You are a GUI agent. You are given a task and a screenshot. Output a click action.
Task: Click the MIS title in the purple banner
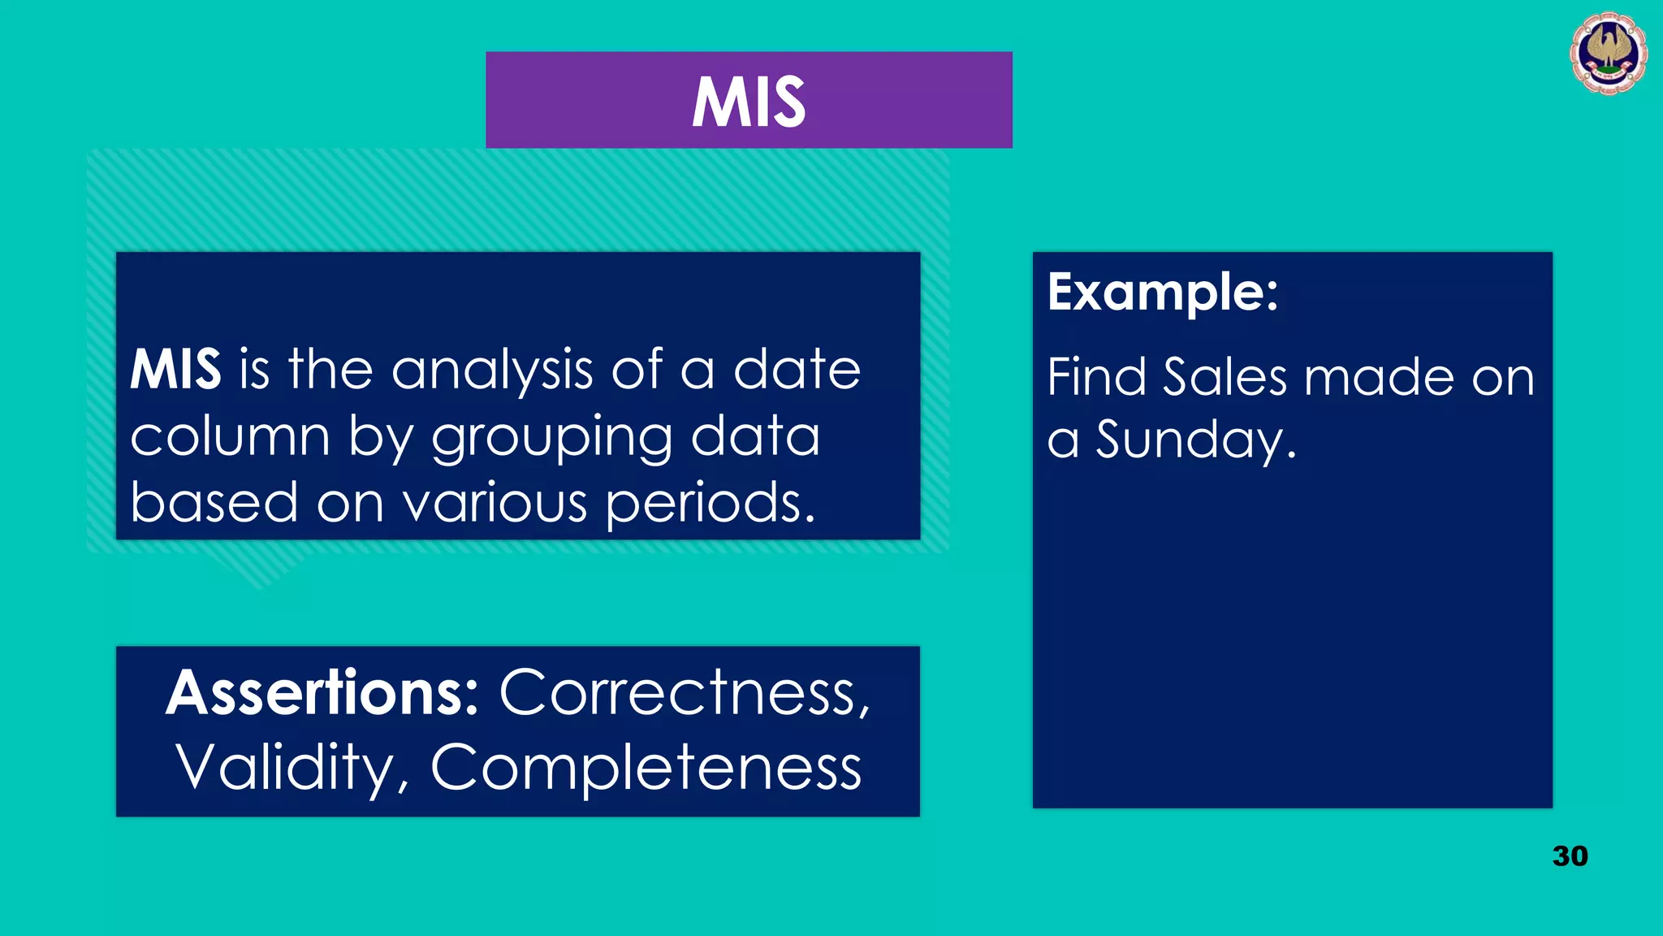pyautogui.click(x=748, y=102)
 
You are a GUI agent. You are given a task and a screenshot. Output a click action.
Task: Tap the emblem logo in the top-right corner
pyautogui.click(x=1608, y=53)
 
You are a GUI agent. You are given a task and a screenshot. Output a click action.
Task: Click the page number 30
pyautogui.click(x=1570, y=856)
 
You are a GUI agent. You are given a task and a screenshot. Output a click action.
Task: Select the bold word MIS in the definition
pyautogui.click(x=175, y=370)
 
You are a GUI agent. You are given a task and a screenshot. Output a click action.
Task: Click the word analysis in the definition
pyautogui.click(x=492, y=370)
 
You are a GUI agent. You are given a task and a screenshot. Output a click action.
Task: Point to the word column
pyautogui.click(x=230, y=437)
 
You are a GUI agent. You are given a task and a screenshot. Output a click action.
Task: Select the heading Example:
pyautogui.click(x=1162, y=292)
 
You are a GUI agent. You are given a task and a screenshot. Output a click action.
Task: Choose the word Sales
pyautogui.click(x=1225, y=377)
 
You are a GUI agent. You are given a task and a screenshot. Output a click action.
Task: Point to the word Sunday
pyautogui.click(x=1195, y=440)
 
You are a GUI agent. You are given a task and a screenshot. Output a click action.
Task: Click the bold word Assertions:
pyautogui.click(x=322, y=693)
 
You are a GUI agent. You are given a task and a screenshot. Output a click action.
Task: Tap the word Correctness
pyautogui.click(x=684, y=693)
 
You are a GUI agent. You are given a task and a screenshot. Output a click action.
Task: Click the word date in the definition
pyautogui.click(x=797, y=370)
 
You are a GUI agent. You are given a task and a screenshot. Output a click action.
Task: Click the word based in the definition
pyautogui.click(x=214, y=502)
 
